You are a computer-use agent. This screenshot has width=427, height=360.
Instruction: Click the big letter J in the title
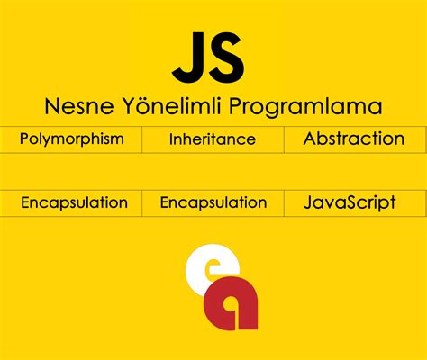pyautogui.click(x=188, y=58)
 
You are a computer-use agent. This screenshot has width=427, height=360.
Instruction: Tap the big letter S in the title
pyautogui.click(x=225, y=56)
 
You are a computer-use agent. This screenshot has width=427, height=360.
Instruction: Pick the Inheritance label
pyautogui.click(x=212, y=139)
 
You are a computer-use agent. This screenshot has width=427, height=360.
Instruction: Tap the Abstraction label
pyautogui.click(x=353, y=139)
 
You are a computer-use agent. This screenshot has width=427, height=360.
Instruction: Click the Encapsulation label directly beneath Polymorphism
pyautogui.click(x=74, y=202)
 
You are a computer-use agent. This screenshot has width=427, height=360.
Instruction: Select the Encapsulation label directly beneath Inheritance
pyautogui.click(x=213, y=202)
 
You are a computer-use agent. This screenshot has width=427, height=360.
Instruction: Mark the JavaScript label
pyautogui.click(x=350, y=202)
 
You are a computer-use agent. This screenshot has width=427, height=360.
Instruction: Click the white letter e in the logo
pyautogui.click(x=204, y=271)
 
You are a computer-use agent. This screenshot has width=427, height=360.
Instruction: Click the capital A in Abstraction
pyautogui.click(x=310, y=139)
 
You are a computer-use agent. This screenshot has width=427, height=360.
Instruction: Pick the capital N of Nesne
pyautogui.click(x=50, y=106)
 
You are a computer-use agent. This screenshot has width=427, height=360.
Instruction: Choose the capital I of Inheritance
pyautogui.click(x=170, y=139)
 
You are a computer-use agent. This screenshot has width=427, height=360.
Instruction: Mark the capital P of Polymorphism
pyautogui.click(x=23, y=139)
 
